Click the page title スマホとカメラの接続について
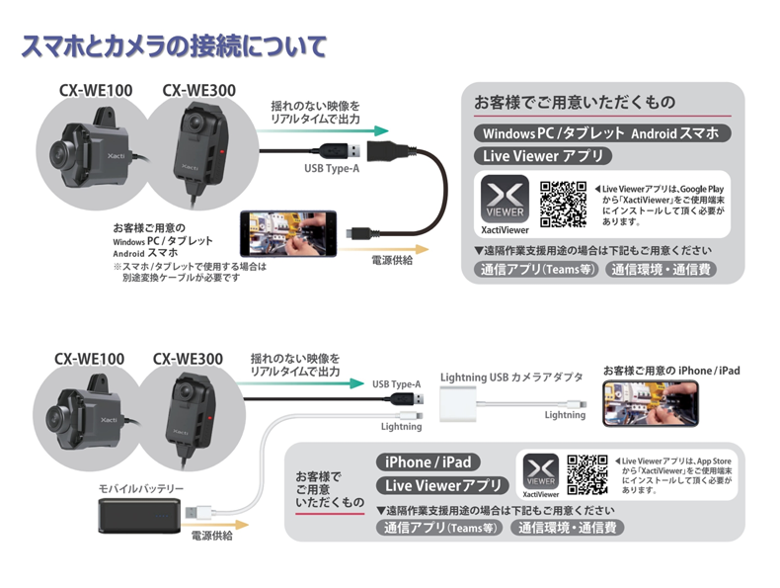(174, 46)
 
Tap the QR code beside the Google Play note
(563, 205)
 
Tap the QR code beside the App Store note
(587, 474)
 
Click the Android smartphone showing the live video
(288, 233)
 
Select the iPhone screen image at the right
(651, 403)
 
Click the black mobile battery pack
(140, 516)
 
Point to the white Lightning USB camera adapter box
(458, 404)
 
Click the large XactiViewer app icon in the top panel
(505, 199)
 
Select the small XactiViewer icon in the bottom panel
(541, 471)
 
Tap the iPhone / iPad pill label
(428, 462)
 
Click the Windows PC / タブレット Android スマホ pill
(602, 133)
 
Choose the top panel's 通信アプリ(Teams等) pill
(537, 270)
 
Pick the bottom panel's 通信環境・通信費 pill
(567, 528)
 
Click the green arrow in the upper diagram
(322, 131)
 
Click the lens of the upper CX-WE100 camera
(60, 153)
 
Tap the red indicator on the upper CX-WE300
(221, 151)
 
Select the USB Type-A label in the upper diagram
(332, 168)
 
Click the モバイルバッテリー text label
(141, 488)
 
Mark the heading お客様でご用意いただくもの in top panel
(575, 102)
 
